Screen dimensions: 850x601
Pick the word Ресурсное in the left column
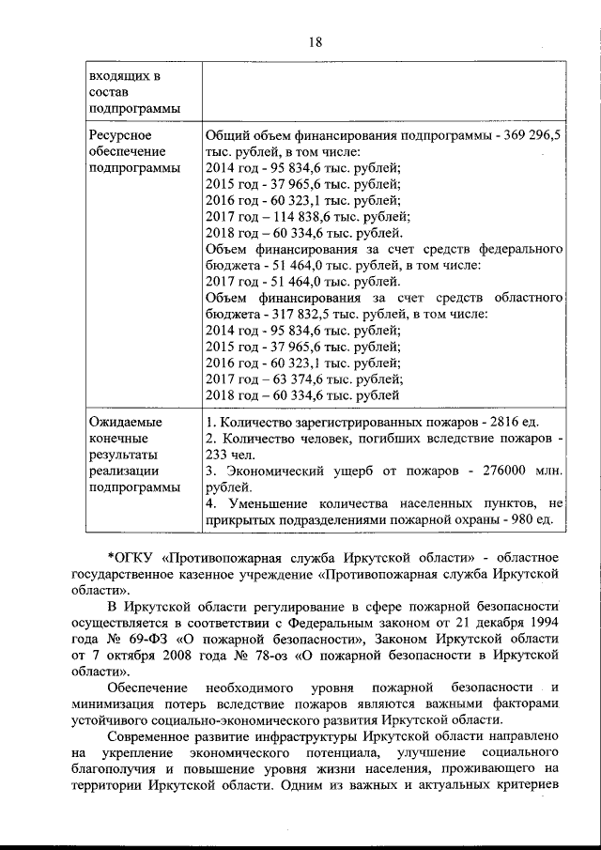121,136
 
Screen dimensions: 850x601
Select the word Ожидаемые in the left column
125,422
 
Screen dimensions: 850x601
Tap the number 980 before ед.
521,519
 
